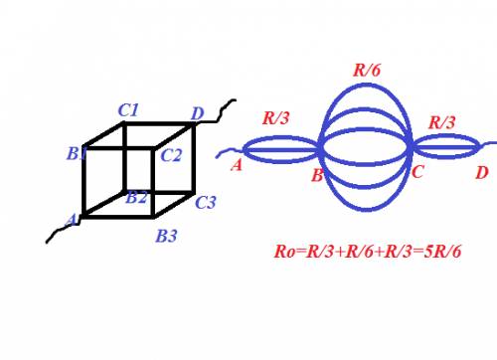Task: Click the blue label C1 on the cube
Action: pyautogui.click(x=128, y=110)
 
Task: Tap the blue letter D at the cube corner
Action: pyautogui.click(x=198, y=113)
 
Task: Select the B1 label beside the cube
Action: pyautogui.click(x=77, y=153)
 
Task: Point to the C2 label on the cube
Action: pyautogui.click(x=171, y=155)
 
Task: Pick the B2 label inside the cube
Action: pyautogui.click(x=136, y=198)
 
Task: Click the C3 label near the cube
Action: pyautogui.click(x=206, y=202)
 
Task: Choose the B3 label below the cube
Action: pyautogui.click(x=166, y=236)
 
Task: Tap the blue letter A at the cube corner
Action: pyautogui.click(x=72, y=220)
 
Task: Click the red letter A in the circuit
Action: pyautogui.click(x=237, y=165)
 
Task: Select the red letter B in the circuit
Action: pyautogui.click(x=317, y=175)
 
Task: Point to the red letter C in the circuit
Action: pyautogui.click(x=417, y=171)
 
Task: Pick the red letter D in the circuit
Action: pyautogui.click(x=482, y=173)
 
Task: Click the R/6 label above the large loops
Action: pyautogui.click(x=367, y=70)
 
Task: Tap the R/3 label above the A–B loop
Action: pyautogui.click(x=276, y=117)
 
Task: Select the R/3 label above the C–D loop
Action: pyautogui.click(x=442, y=122)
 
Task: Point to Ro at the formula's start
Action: pyautogui.click(x=284, y=252)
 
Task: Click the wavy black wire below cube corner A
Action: pyautogui.click(x=63, y=231)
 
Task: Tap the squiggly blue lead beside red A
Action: pyautogui.click(x=230, y=153)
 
